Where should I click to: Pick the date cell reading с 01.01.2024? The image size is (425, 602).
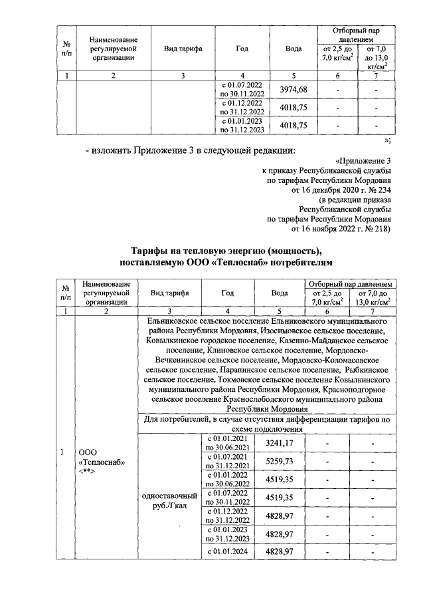227,551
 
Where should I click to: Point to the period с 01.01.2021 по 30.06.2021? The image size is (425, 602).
227,443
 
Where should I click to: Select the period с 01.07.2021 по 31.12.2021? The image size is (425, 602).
227,460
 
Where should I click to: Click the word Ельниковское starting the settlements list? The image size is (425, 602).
175,321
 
